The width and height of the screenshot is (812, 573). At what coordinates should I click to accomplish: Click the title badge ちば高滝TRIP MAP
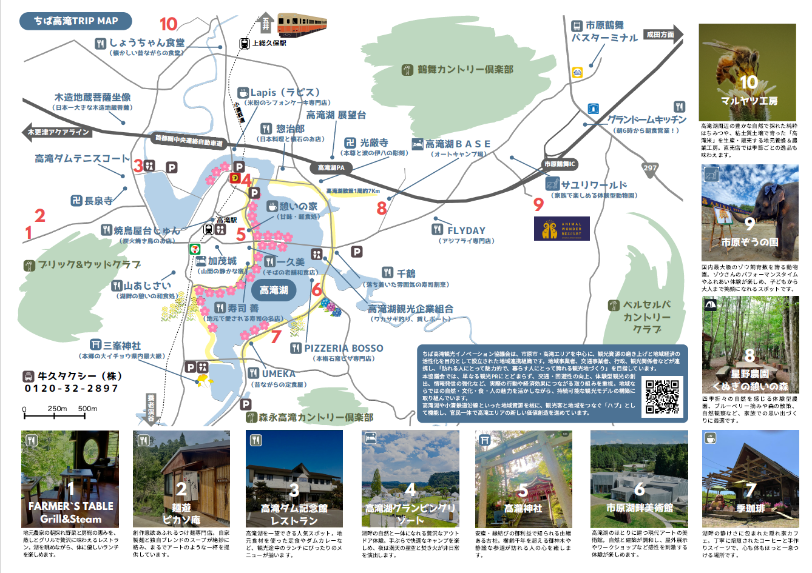tap(75, 21)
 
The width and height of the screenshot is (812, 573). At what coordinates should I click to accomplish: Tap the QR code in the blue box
tap(661, 397)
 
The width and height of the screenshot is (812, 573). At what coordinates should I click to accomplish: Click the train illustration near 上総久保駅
tap(303, 24)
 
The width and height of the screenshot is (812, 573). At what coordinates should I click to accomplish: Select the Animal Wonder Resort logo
tap(561, 229)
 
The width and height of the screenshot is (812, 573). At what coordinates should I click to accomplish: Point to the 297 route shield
tap(650, 168)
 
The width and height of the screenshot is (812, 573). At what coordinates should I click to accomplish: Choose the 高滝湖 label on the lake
tap(274, 290)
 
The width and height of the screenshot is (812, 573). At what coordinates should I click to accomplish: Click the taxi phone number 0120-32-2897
tap(72, 388)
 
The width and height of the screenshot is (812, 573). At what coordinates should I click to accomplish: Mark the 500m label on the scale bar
tap(87, 409)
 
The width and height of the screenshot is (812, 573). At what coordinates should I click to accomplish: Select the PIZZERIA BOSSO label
tap(343, 348)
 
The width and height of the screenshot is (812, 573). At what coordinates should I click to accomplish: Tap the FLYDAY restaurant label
tap(466, 230)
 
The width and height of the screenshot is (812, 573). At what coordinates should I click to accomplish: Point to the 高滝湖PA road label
tap(331, 167)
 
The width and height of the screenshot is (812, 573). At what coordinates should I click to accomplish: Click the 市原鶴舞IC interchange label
tap(560, 164)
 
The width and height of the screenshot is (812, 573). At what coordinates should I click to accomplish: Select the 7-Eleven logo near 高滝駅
tap(194, 249)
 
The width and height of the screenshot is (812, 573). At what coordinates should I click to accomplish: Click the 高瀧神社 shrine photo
tap(523, 479)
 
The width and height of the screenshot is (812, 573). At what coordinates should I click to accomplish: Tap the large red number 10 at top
tap(168, 24)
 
